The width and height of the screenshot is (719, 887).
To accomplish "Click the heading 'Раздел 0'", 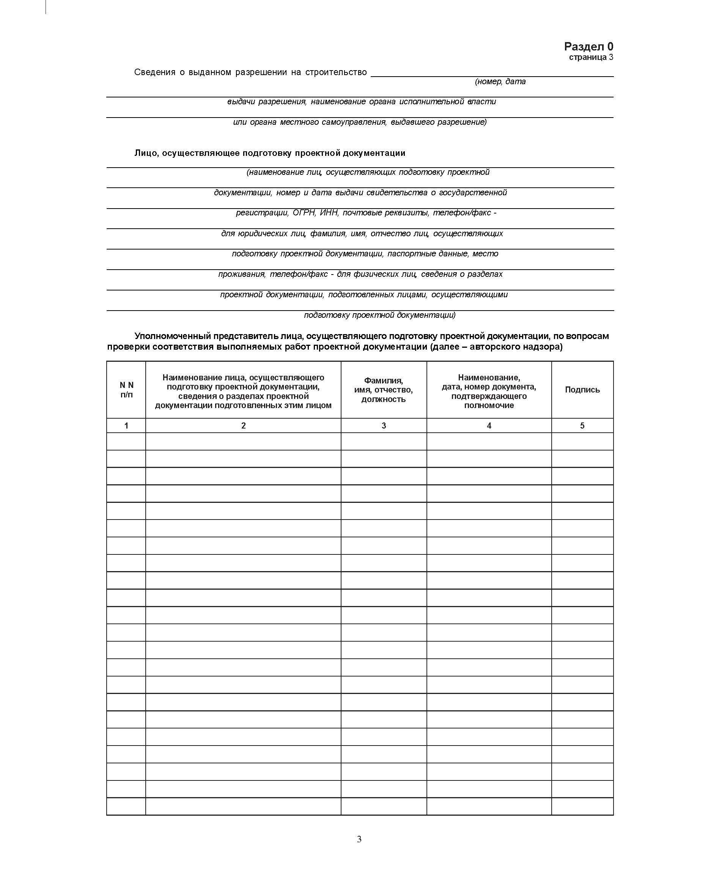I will point(588,46).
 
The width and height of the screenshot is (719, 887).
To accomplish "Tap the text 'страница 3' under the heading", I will point(591,57).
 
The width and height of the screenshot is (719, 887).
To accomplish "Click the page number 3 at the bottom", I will point(359,839).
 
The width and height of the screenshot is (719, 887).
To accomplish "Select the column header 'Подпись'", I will point(582,389).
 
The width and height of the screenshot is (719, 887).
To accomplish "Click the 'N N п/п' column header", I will point(126,389).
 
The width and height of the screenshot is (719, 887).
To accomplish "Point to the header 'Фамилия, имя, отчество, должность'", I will point(384,389).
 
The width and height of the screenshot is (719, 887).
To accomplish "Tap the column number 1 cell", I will point(126,425).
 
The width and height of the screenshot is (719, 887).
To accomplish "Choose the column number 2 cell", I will point(243,425).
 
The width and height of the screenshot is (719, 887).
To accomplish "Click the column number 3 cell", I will point(384,425).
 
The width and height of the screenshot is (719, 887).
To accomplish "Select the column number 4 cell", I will point(489,425).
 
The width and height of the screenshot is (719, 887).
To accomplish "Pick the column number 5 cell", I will point(582,425).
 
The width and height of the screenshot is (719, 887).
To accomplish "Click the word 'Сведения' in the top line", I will point(154,72).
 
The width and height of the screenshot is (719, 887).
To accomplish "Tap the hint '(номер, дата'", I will point(500,82).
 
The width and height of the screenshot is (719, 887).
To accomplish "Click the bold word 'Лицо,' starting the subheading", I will point(146,153).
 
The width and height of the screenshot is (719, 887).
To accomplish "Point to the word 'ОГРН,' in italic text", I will point(304,213).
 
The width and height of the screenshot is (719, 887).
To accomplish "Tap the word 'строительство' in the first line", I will point(336,72).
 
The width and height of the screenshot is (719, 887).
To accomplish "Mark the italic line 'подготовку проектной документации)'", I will point(379,315).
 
